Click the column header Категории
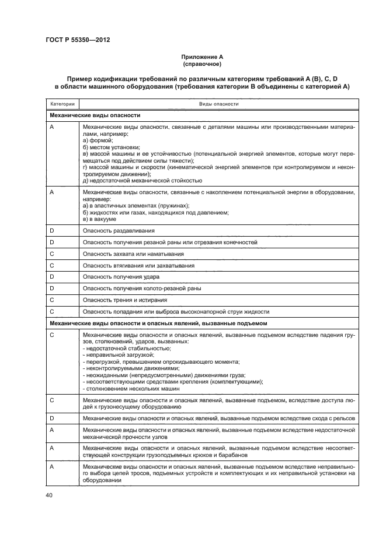pos(62,104)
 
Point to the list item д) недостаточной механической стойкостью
pos(143,180)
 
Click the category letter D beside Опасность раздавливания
pos(52,231)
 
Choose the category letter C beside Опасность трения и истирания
pos(52,300)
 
